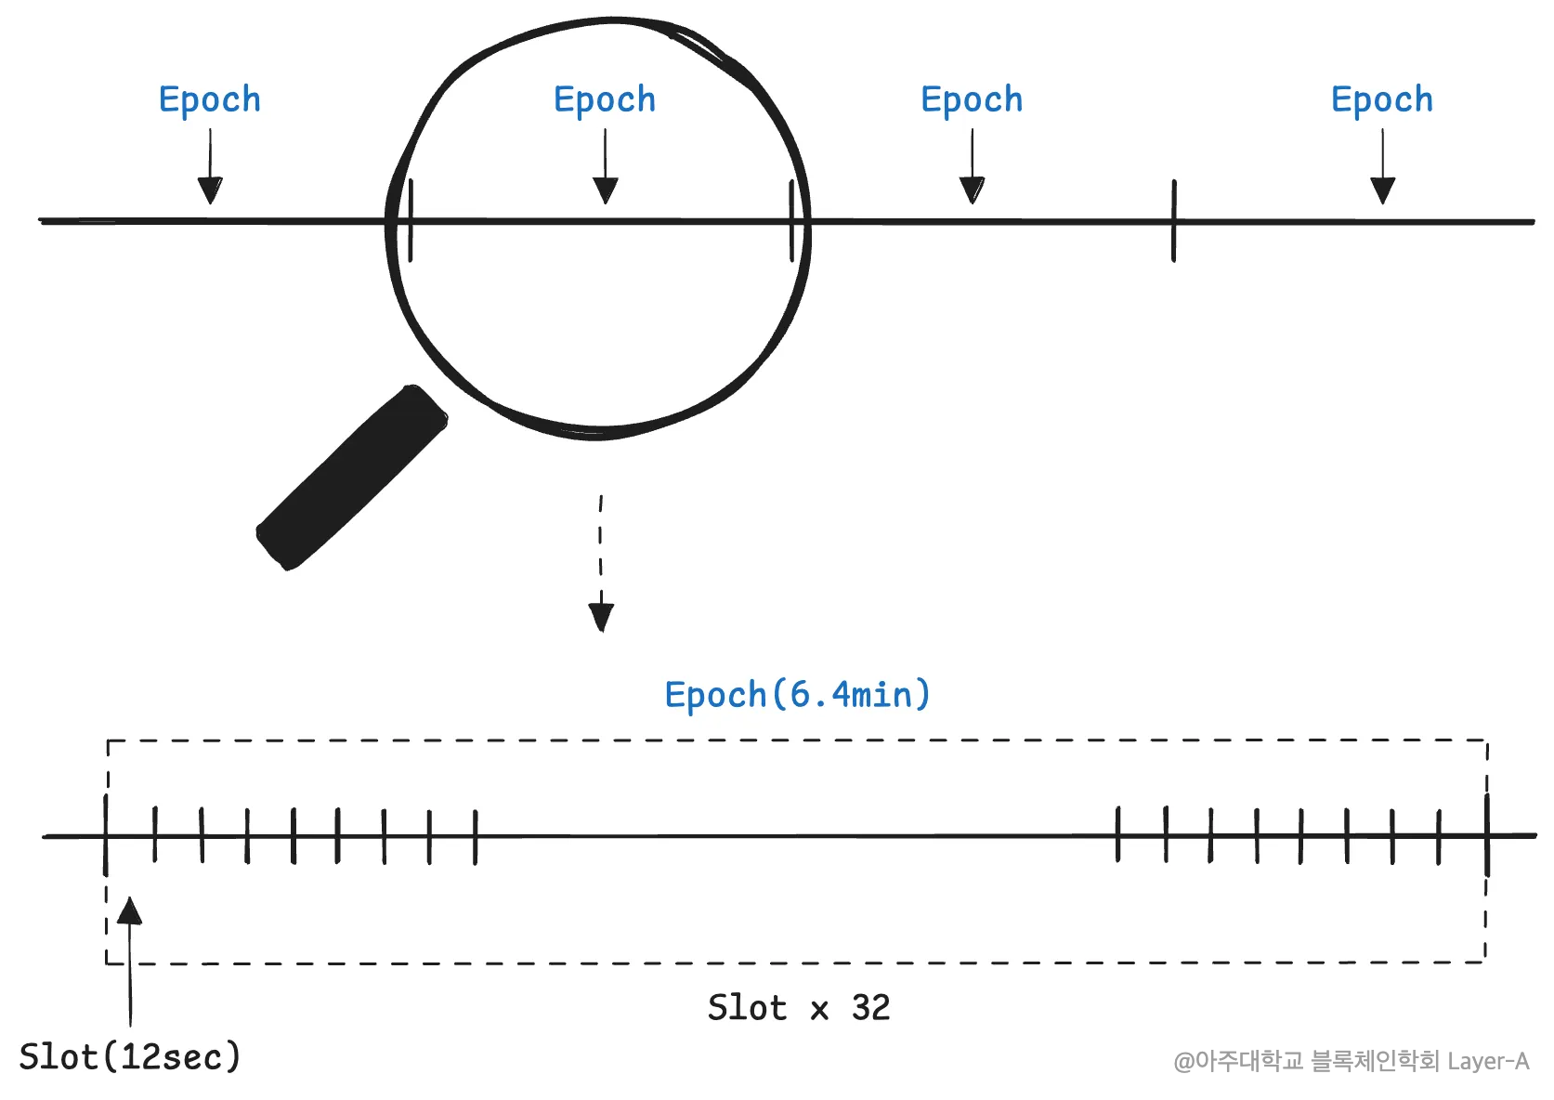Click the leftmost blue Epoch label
pyautogui.click(x=210, y=100)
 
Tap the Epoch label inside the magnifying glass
pyautogui.click(x=605, y=100)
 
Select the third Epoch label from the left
pyautogui.click(x=972, y=100)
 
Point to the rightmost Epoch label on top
pyautogui.click(x=1381, y=100)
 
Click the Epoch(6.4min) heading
pyautogui.click(x=797, y=695)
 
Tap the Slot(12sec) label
pyautogui.click(x=130, y=1057)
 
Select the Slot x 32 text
pyautogui.click(x=798, y=1008)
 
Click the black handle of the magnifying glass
pyautogui.click(x=352, y=478)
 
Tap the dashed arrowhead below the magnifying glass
pyautogui.click(x=601, y=617)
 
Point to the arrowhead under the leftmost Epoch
pyautogui.click(x=211, y=190)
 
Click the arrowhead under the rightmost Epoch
pyautogui.click(x=1382, y=190)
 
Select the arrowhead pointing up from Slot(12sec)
pyautogui.click(x=130, y=910)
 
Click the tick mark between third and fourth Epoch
pyautogui.click(x=1174, y=221)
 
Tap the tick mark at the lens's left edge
pyautogui.click(x=411, y=221)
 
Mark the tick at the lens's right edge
pyautogui.click(x=791, y=221)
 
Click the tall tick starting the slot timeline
pyautogui.click(x=106, y=835)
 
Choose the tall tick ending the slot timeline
pyautogui.click(x=1487, y=835)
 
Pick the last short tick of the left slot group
pyautogui.click(x=475, y=836)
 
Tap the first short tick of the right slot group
pyautogui.click(x=1118, y=835)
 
